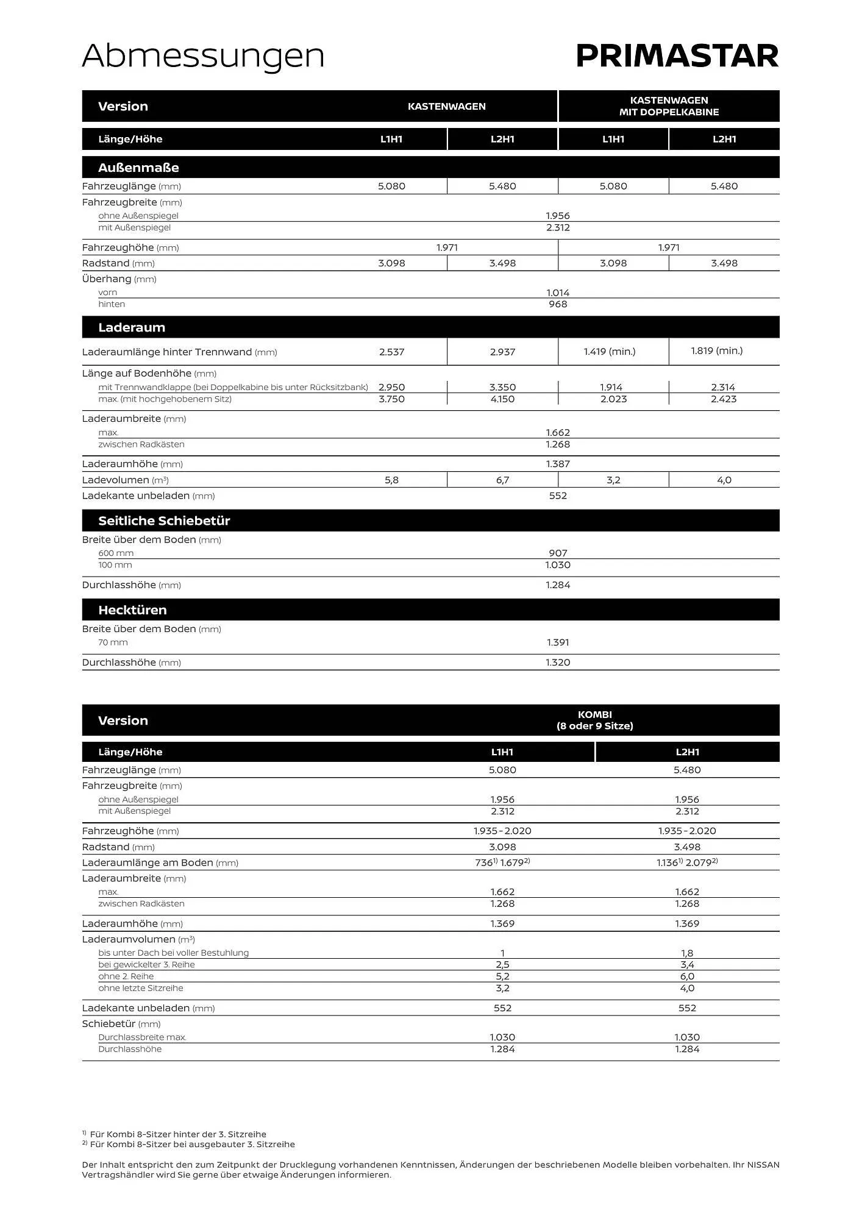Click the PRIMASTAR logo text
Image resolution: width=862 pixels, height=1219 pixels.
(x=677, y=56)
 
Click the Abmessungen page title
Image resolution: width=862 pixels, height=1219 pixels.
(x=203, y=56)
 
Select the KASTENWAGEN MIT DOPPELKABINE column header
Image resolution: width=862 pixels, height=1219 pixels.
(x=669, y=106)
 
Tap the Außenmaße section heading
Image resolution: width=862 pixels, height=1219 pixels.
(x=138, y=168)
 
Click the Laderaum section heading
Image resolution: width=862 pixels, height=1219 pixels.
(x=132, y=327)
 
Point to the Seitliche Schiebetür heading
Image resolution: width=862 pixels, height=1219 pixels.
(x=164, y=521)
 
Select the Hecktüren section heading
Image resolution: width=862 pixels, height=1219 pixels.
(x=132, y=610)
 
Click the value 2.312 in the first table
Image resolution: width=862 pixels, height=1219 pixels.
(x=558, y=228)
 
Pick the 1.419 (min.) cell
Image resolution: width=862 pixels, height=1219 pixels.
(x=610, y=352)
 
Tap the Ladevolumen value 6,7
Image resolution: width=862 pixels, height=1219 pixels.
(x=502, y=480)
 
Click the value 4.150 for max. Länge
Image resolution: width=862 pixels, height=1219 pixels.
(x=502, y=399)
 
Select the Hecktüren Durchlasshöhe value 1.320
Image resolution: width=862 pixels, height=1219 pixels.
(x=558, y=663)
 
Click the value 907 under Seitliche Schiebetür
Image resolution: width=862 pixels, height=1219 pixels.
(x=558, y=553)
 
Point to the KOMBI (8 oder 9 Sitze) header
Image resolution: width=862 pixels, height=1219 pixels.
(x=594, y=720)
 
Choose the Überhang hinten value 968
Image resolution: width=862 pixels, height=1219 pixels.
(x=558, y=304)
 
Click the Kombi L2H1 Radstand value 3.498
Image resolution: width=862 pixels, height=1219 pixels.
(x=687, y=847)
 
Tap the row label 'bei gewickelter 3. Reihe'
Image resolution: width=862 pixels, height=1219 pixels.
(x=146, y=965)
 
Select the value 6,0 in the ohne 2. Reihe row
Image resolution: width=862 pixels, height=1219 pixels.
(x=687, y=976)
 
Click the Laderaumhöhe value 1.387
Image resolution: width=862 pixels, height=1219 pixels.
(x=558, y=464)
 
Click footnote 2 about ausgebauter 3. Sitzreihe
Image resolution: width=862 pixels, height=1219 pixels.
(x=189, y=1145)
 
